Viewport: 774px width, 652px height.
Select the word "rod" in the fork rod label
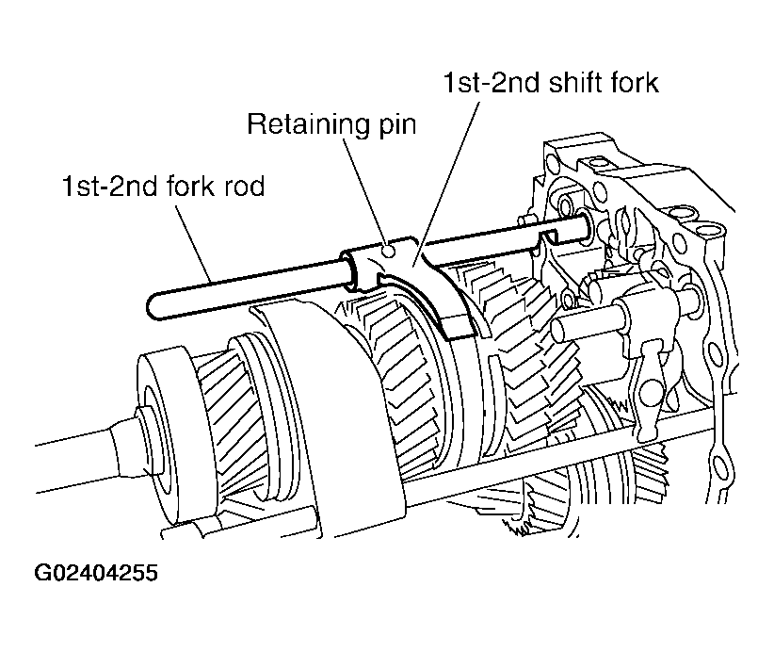tap(240, 186)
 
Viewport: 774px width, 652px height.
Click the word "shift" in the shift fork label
tap(569, 83)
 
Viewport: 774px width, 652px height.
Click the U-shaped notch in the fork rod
tap(547, 236)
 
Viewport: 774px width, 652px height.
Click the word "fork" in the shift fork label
tap(632, 83)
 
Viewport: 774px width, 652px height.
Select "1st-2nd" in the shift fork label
tap(491, 83)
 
